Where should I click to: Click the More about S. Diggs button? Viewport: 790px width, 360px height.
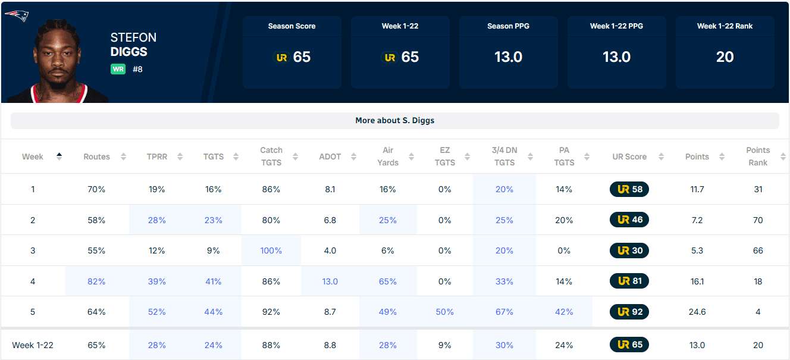394,120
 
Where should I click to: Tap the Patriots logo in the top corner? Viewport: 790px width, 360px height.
17,15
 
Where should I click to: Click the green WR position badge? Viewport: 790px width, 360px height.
118,69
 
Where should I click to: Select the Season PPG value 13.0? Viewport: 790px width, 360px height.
508,57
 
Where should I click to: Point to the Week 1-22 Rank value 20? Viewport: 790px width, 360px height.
725,57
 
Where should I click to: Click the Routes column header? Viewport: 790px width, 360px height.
96,156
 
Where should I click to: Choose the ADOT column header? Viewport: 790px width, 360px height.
330,156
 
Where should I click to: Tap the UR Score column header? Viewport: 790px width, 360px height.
629,156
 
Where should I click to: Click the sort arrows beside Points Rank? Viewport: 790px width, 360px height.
783,156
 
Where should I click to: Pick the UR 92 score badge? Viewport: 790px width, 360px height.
629,312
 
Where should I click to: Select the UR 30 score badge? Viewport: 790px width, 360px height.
629,251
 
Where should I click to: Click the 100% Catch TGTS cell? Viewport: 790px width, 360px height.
271,251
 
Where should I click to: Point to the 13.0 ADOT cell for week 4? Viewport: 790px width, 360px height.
330,281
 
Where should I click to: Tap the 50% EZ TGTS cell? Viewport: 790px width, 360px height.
444,312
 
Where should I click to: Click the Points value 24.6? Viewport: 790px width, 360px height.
697,312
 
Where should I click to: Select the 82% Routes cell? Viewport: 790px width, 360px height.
96,281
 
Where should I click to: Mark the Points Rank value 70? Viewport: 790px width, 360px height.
757,220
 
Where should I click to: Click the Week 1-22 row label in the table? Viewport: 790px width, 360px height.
33,345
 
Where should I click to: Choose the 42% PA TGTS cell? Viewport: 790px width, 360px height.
564,312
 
